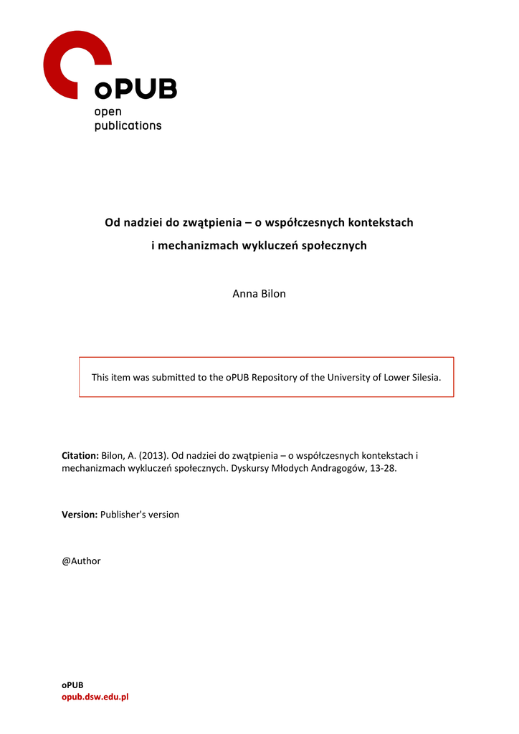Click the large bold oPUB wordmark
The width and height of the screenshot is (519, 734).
(x=135, y=90)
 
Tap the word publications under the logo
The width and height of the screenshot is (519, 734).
(x=128, y=125)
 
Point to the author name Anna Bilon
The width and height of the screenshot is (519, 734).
(x=259, y=294)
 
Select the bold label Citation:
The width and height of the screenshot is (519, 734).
(x=80, y=456)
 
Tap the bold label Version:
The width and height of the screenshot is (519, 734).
(x=79, y=515)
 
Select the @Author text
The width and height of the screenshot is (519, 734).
(x=81, y=561)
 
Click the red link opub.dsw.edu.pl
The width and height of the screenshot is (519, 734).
(x=95, y=697)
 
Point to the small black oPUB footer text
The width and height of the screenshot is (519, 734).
(x=72, y=685)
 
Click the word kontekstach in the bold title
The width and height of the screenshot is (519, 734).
(x=378, y=222)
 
